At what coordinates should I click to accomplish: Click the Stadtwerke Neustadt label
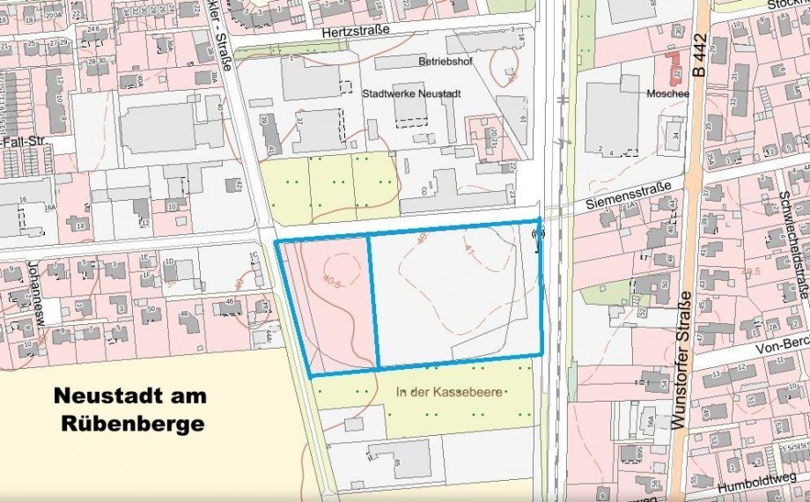coord(412,92)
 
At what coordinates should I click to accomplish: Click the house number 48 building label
coord(184,314)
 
